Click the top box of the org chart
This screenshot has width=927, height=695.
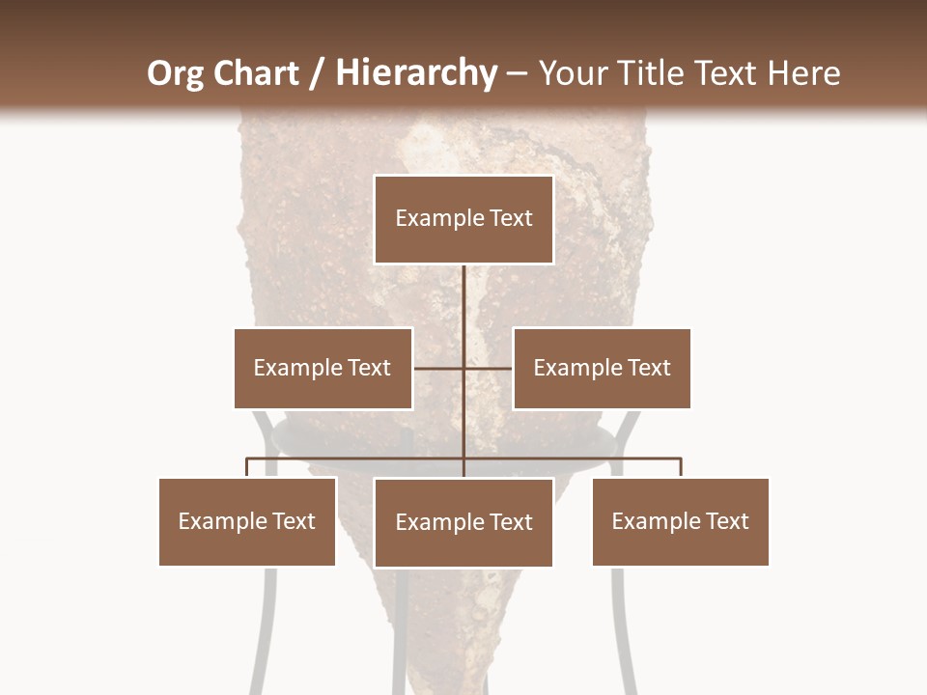coord(463,219)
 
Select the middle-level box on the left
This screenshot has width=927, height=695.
coord(323,368)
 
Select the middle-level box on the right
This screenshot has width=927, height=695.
coord(602,368)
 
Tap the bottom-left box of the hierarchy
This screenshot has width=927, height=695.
coord(247,521)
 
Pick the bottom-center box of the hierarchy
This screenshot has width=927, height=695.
coord(463,522)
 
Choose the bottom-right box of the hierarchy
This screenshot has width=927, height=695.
coord(681,521)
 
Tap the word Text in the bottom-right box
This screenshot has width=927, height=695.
coord(727,521)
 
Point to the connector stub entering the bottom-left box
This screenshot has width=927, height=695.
coord(247,467)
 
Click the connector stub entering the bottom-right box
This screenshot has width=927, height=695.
coord(681,467)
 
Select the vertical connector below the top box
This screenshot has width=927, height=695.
coord(463,299)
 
